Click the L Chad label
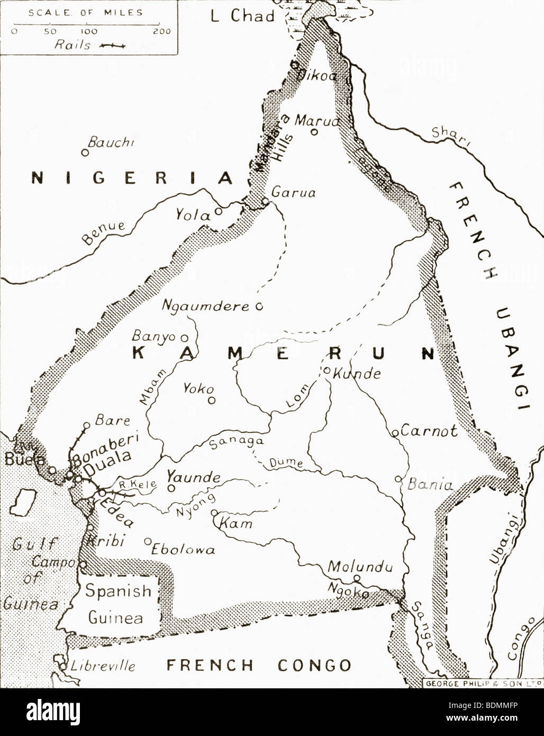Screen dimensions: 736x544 243,16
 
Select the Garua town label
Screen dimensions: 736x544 293,192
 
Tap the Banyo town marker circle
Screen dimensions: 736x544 184,337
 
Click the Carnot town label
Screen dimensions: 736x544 429,431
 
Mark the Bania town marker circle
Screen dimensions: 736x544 398,479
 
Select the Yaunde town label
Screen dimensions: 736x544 194,477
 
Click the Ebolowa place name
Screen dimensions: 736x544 183,549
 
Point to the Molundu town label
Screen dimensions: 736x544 360,567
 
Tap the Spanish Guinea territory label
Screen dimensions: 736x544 118,604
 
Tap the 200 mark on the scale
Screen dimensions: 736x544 161,31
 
